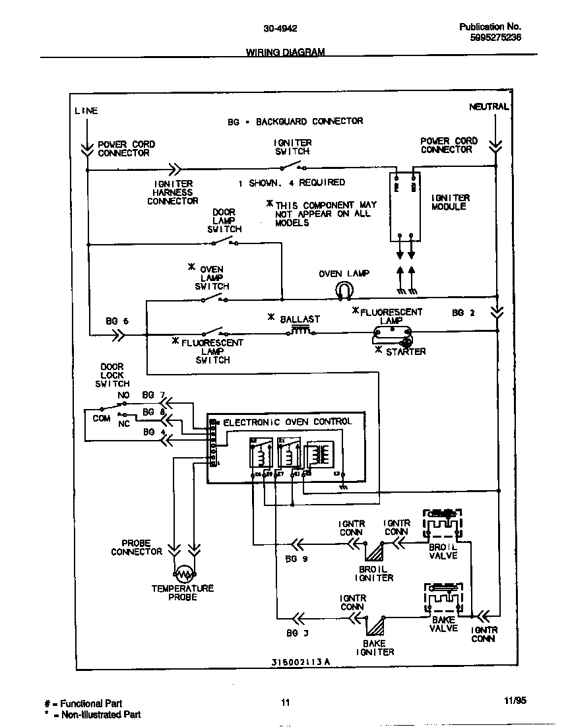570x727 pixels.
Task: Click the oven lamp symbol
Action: click(x=344, y=289)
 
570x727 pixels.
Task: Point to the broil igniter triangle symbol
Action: click(x=375, y=552)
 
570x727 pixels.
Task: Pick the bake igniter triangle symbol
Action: click(x=375, y=625)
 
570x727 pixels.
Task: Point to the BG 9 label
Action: click(x=296, y=559)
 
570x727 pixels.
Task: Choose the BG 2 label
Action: click(x=463, y=313)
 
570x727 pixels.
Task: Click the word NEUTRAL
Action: click(x=489, y=106)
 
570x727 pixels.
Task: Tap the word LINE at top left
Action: click(x=86, y=111)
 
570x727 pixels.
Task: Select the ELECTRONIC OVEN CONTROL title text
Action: click(x=288, y=422)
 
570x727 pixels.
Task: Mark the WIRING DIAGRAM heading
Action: click(x=285, y=52)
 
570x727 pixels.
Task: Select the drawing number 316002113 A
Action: click(x=300, y=662)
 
